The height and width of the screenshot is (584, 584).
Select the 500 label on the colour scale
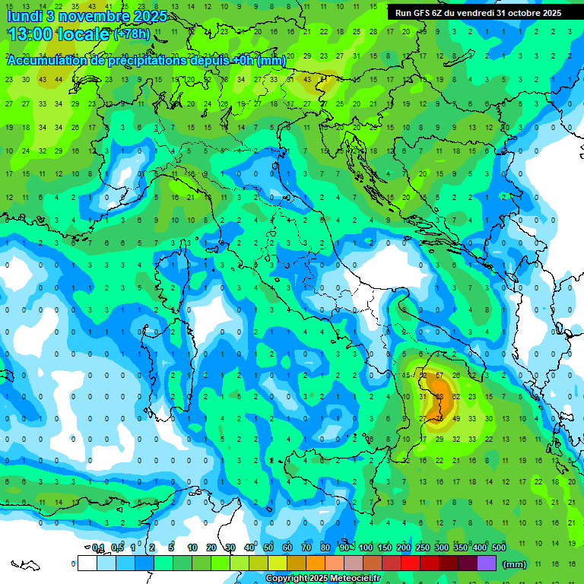499,547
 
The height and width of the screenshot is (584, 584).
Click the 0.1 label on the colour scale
98,547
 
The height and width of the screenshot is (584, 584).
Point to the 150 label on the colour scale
385,547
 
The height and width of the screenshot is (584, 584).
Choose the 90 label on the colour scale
344,547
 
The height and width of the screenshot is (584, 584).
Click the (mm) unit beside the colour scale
515,564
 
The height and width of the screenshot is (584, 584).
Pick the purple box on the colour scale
487,563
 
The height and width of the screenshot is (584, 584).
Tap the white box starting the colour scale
87,563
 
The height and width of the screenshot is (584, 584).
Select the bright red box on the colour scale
411,563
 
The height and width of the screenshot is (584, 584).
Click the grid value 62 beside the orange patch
455,396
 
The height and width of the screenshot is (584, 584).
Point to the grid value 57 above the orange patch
439,375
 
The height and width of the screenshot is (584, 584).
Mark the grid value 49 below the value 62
455,418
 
